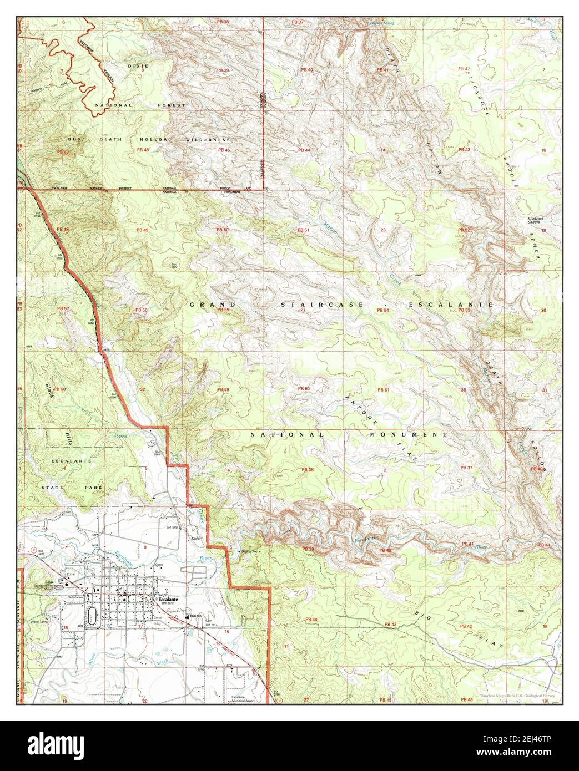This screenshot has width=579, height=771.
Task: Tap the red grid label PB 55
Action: [x=223, y=310]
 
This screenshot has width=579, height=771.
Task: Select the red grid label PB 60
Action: [x=304, y=389]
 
